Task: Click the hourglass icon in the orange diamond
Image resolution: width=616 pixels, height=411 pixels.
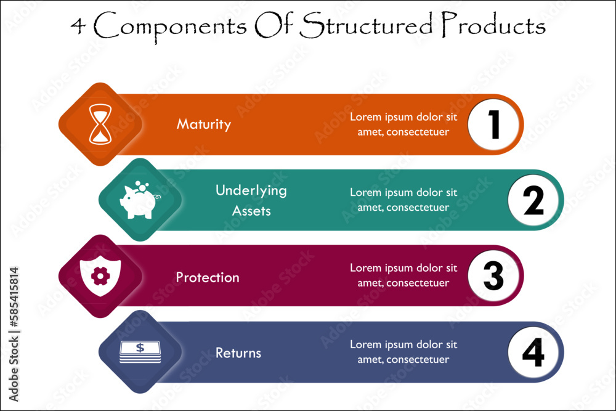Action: (100, 124)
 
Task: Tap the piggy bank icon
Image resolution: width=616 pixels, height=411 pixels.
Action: (139, 200)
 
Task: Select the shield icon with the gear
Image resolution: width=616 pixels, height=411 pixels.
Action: (100, 276)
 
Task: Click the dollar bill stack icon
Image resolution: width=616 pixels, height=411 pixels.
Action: (140, 352)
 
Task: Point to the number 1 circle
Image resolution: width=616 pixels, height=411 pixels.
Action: (493, 124)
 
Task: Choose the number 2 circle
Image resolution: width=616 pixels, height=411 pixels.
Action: (533, 200)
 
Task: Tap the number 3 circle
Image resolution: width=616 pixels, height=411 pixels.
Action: (493, 276)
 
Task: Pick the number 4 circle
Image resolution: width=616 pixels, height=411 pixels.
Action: (533, 352)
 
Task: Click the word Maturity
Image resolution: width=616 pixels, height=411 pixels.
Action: (204, 124)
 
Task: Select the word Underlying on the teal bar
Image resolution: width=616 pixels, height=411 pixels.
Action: (251, 191)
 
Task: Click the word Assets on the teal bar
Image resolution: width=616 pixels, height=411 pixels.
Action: (251, 211)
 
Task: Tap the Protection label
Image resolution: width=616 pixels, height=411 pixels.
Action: (208, 277)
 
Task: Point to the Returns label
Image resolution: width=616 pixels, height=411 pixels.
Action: (238, 353)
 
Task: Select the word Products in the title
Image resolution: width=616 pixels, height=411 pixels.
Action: (493, 25)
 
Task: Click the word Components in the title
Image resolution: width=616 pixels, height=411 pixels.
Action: (170, 26)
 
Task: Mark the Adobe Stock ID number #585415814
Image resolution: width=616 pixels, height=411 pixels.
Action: (14, 298)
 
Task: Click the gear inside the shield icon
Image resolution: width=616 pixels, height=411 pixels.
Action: (100, 276)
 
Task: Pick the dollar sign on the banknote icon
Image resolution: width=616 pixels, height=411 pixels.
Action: (140, 348)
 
